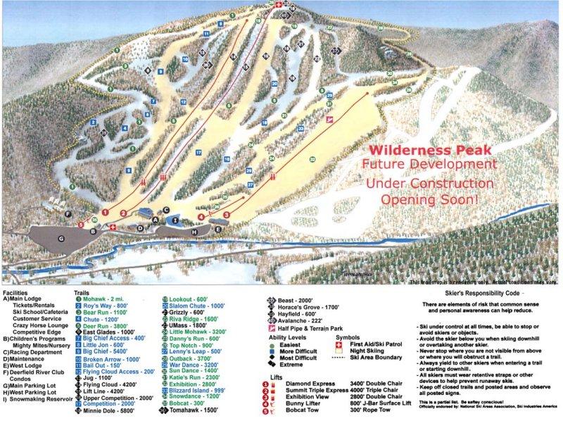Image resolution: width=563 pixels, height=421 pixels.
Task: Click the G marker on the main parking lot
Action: (61, 239)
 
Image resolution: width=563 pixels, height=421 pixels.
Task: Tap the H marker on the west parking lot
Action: (194, 231)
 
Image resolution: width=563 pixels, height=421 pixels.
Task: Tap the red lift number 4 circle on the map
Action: (201, 218)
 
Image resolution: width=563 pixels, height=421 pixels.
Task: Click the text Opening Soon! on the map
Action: (429, 199)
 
